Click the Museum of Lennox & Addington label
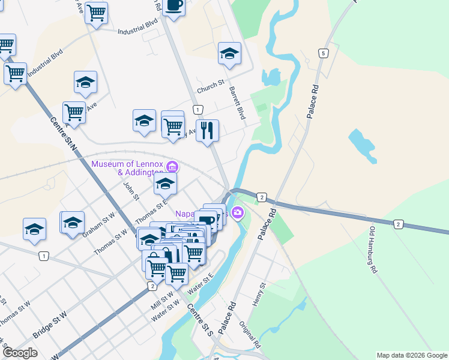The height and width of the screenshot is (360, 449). [x=127, y=168]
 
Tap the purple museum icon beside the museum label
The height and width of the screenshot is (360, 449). [x=172, y=166]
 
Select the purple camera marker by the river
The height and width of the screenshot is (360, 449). [x=238, y=212]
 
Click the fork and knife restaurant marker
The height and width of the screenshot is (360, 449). [x=207, y=130]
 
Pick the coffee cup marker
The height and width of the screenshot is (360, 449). [x=174, y=6]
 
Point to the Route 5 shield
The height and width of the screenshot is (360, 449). [x=324, y=53]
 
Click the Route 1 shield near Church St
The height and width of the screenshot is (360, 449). [x=197, y=109]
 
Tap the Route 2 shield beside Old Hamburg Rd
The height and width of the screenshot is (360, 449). [x=398, y=224]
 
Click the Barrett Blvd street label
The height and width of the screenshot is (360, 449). [x=238, y=103]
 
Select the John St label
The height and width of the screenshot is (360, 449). [x=131, y=190]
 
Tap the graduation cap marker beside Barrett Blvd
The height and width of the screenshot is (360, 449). [x=229, y=53]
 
